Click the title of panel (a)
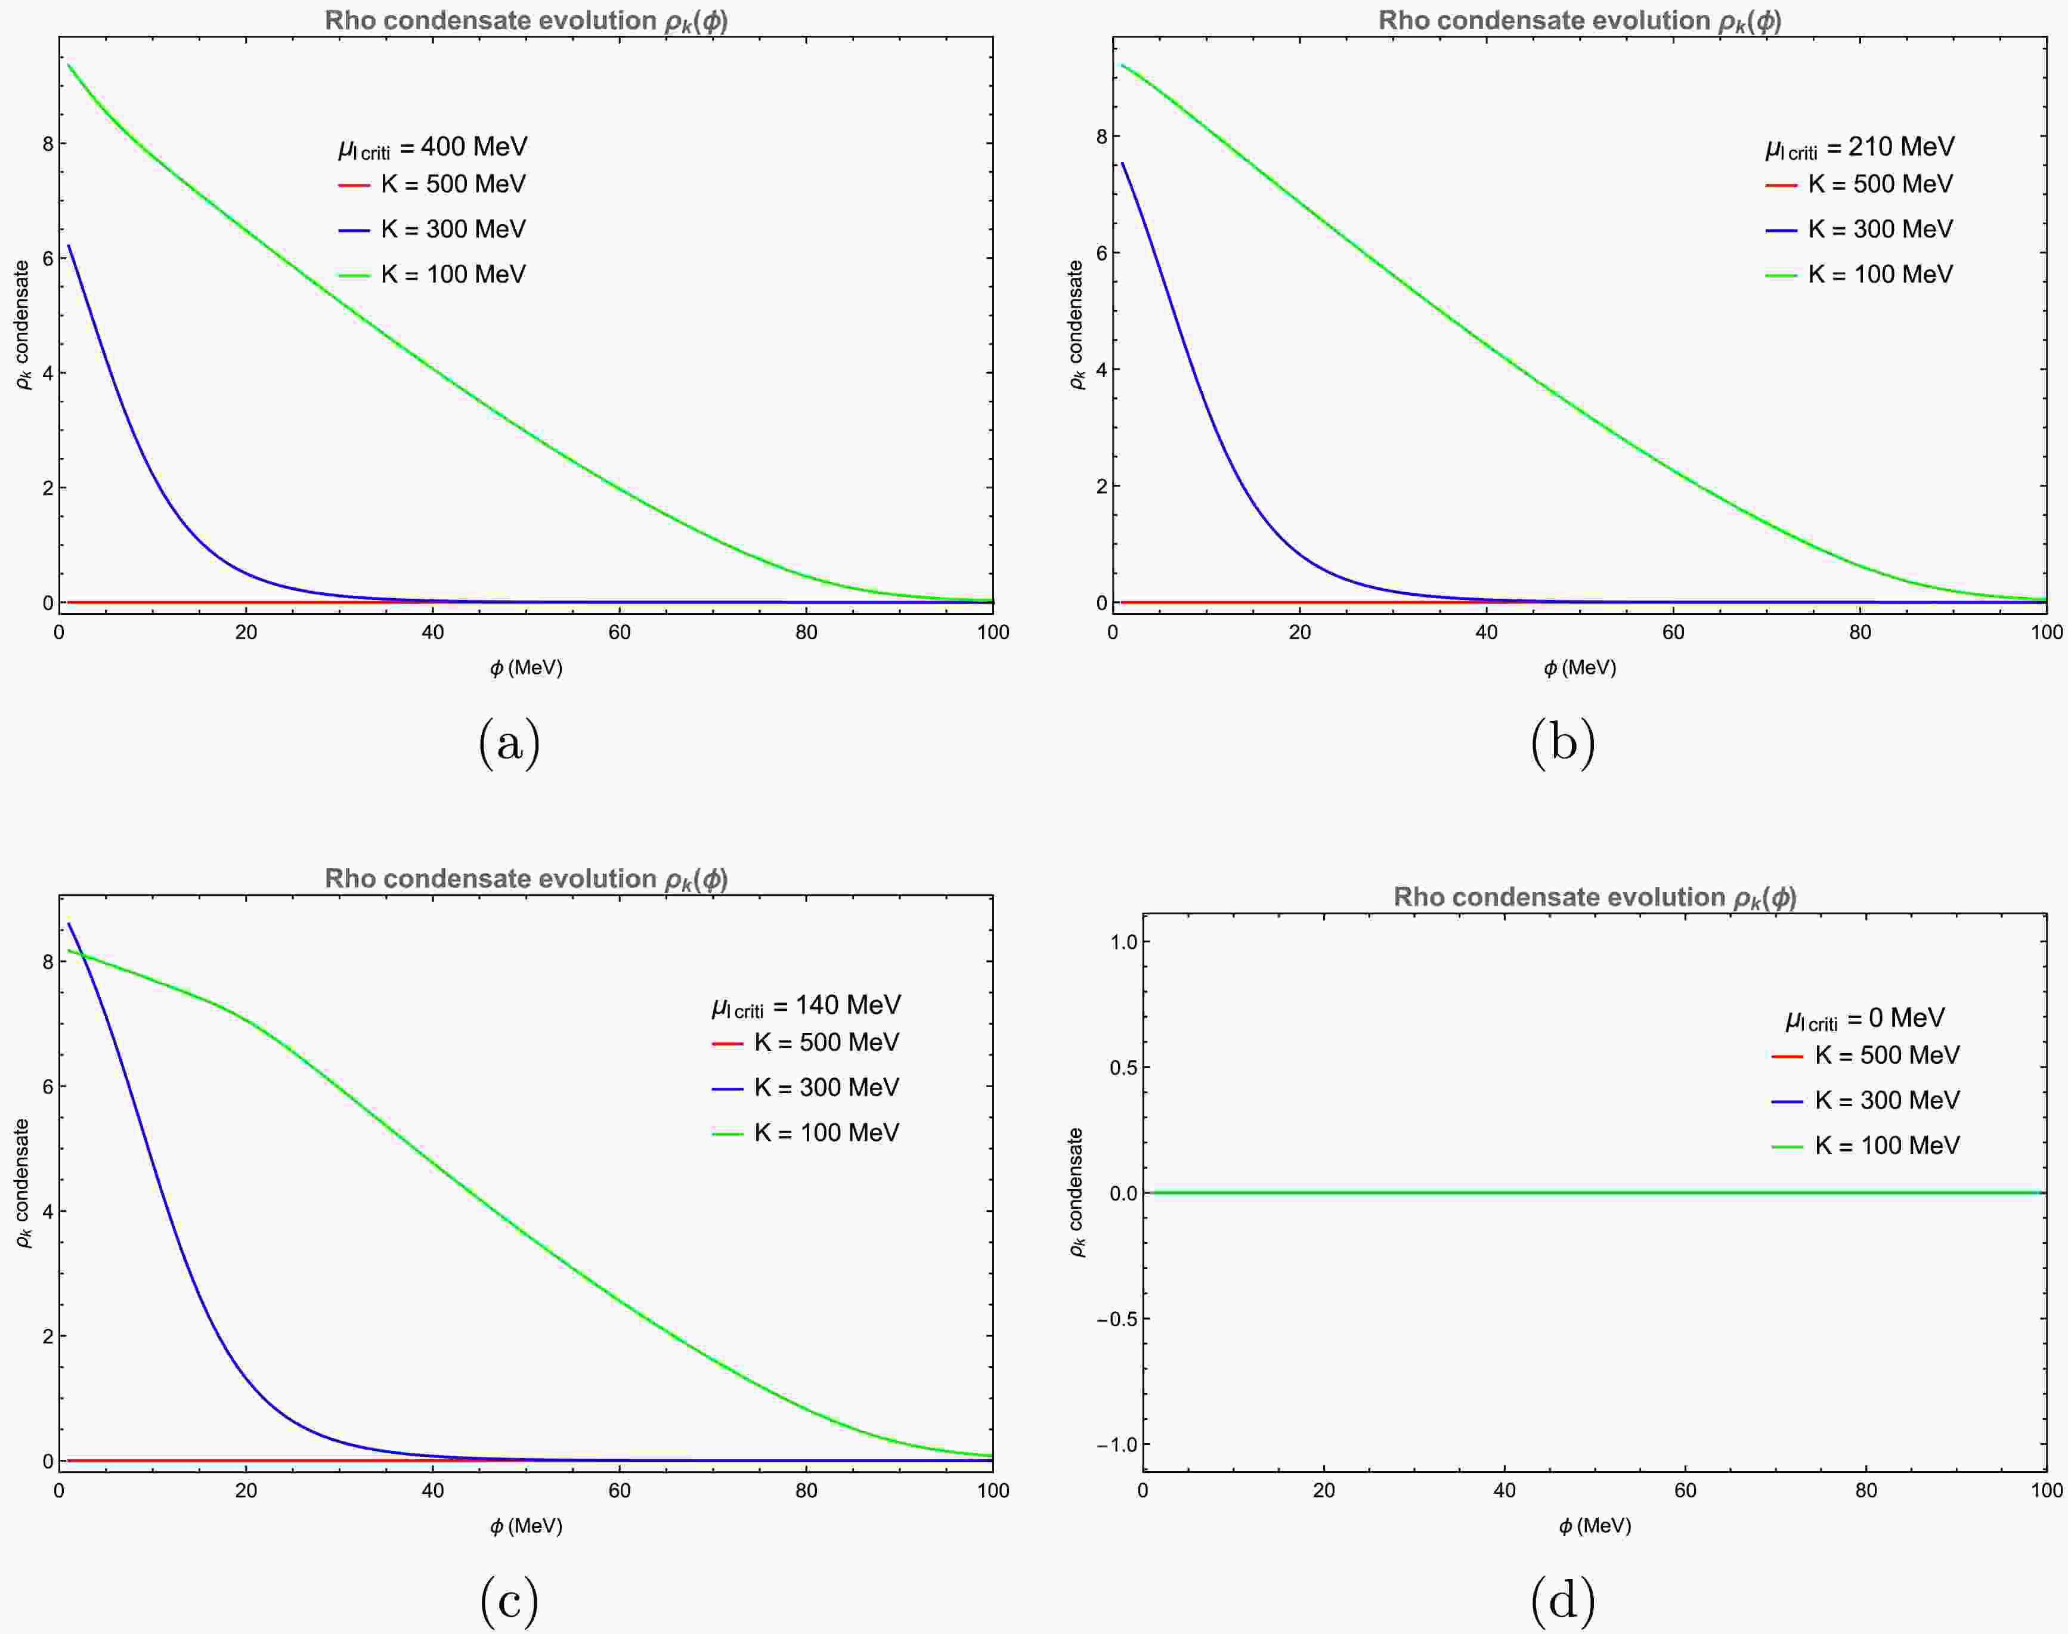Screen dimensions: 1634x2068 pyautogui.click(x=526, y=21)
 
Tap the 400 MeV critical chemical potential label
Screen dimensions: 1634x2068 pyautogui.click(x=432, y=147)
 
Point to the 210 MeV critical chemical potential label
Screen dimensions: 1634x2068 pyautogui.click(x=1859, y=147)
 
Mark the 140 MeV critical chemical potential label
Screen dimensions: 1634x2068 pyautogui.click(x=806, y=1005)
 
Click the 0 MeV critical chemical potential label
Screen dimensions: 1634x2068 pyautogui.click(x=1865, y=1019)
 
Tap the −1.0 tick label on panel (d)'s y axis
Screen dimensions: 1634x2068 pyautogui.click(x=1116, y=1444)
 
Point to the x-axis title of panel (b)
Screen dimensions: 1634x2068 pyautogui.click(x=1579, y=668)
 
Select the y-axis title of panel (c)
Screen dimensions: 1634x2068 pyautogui.click(x=23, y=1183)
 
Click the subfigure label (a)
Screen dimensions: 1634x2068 pyautogui.click(x=509, y=742)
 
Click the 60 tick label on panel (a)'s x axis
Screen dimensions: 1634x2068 pyautogui.click(x=619, y=632)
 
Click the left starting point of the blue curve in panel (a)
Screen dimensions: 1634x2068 pyautogui.click(x=69, y=246)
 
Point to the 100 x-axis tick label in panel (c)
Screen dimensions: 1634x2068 pyautogui.click(x=992, y=1490)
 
